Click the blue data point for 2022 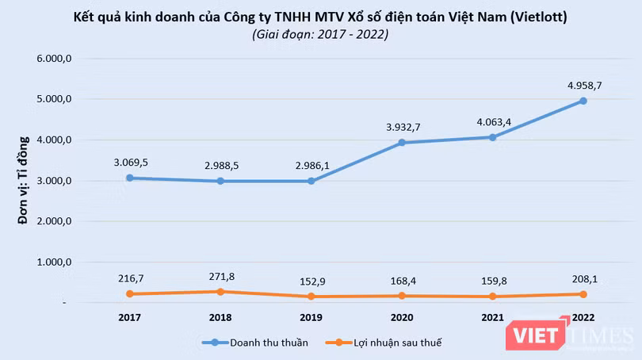tap(583, 101)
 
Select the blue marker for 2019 tap(311, 181)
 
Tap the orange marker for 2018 tap(220, 291)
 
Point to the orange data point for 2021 tap(492, 296)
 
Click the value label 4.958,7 tap(583, 84)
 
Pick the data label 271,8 tap(220, 276)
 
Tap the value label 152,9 tap(311, 281)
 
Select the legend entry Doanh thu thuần tap(254, 342)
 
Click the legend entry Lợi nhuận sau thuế tap(388, 342)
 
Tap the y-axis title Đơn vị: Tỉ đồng tap(24, 181)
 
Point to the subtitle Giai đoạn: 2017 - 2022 tap(320, 34)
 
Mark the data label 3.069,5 tap(129, 162)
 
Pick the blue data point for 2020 tap(401, 143)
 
